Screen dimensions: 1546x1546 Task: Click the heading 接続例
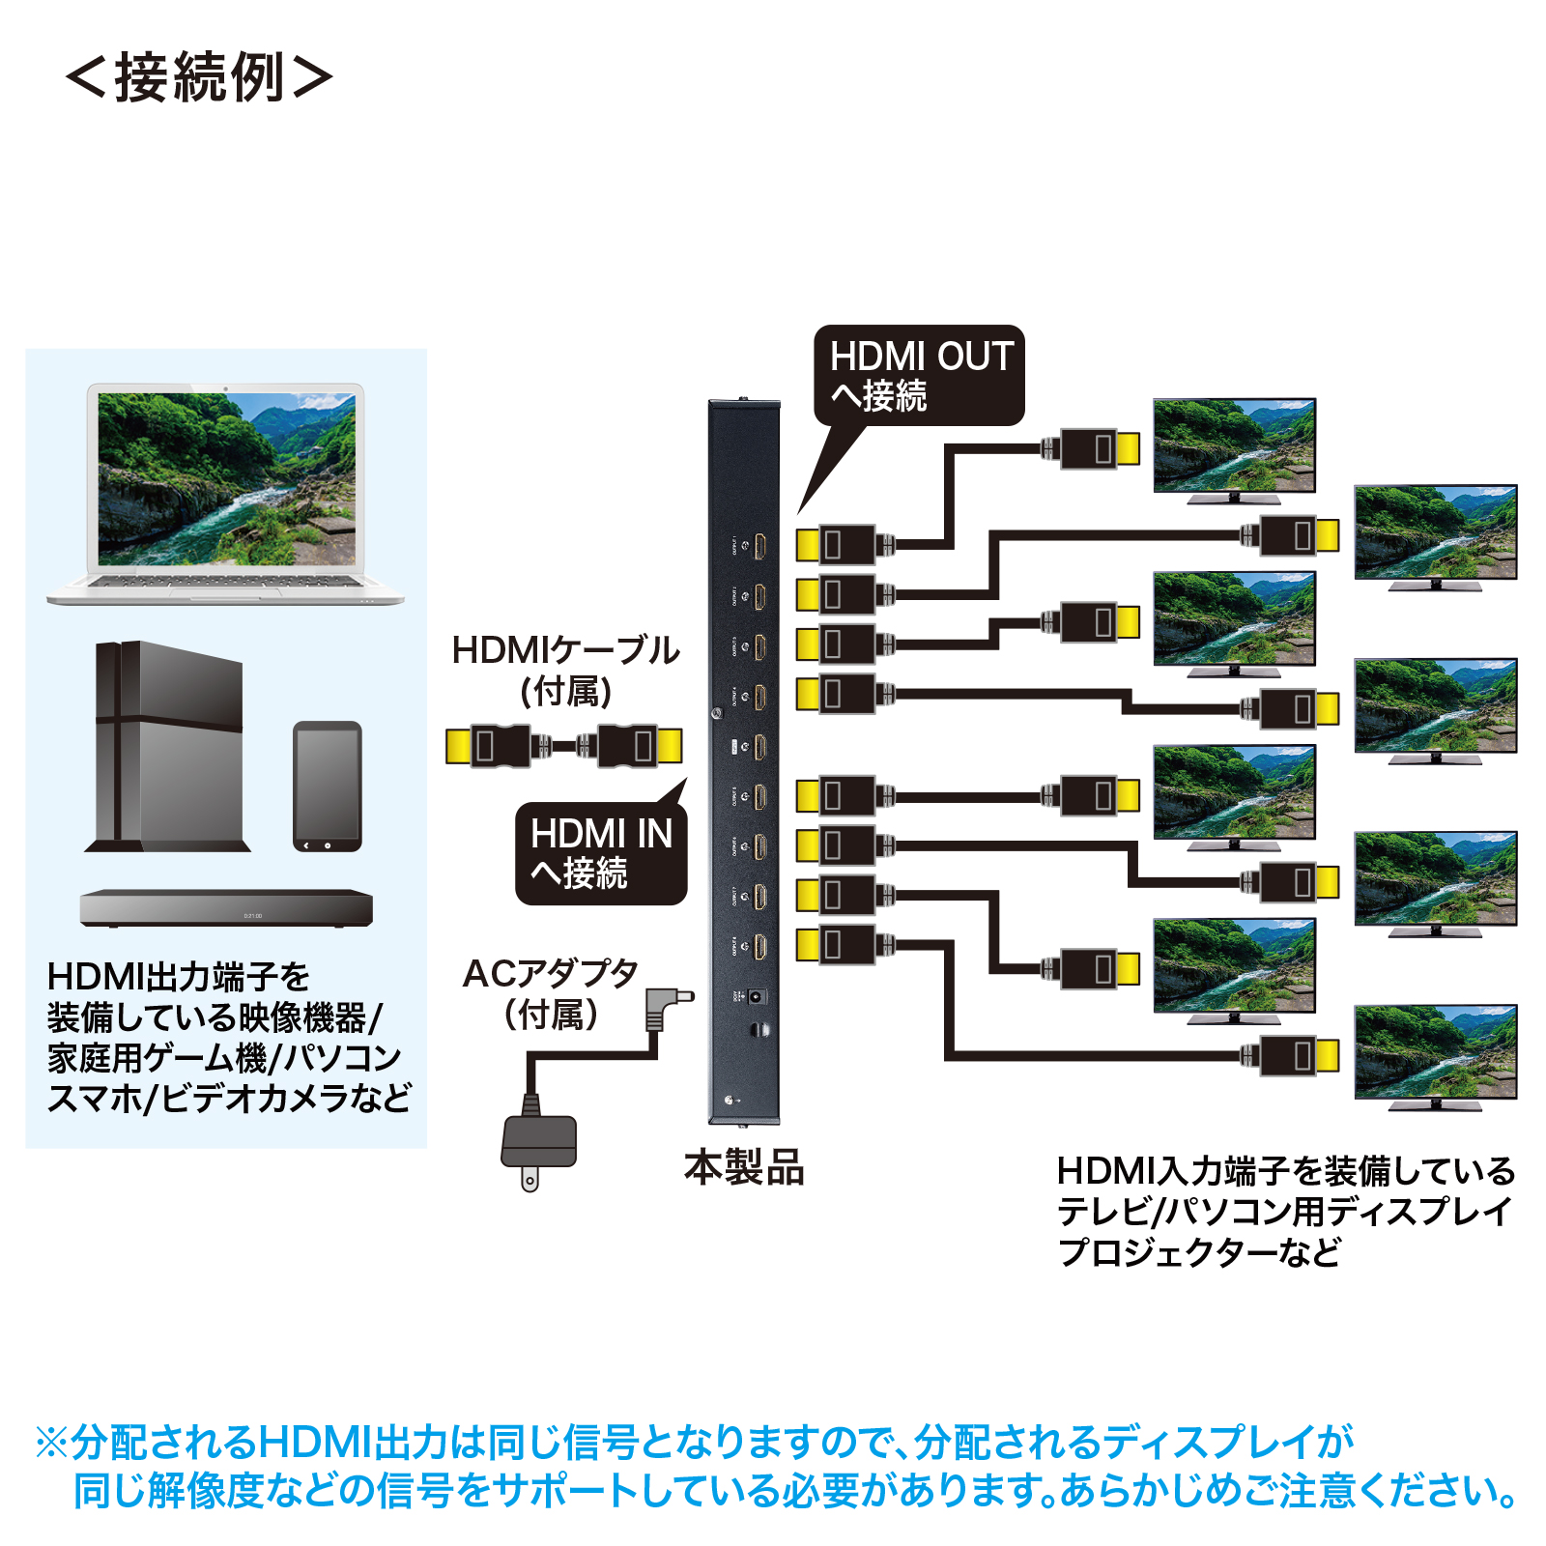coord(199,77)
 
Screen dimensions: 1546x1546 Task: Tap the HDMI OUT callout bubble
coord(919,376)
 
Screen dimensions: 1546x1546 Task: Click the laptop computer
coord(226,493)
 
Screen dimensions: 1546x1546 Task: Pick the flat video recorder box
coord(226,908)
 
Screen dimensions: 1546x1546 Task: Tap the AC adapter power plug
coord(538,1145)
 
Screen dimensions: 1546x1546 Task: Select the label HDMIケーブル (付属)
coord(566,670)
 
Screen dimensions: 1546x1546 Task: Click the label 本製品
coord(744,1167)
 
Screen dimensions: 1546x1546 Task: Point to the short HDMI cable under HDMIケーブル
coord(564,746)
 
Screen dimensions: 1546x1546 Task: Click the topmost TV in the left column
coord(1234,449)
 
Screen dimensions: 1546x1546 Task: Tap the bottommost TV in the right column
coord(1435,1056)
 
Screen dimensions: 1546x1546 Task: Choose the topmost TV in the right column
coord(1435,536)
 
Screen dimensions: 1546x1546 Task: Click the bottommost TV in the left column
coord(1234,969)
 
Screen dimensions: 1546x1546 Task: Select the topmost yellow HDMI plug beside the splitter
coord(808,545)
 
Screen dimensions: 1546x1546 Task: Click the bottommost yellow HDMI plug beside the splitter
coord(808,944)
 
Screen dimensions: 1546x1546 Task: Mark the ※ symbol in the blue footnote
coord(51,1443)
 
